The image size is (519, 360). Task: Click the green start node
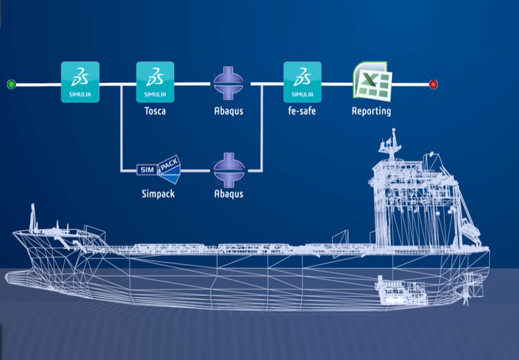[x=11, y=84]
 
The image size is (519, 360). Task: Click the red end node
[x=433, y=84]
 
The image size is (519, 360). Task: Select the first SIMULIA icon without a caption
[x=80, y=81]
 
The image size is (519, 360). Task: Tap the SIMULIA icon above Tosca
[x=155, y=81]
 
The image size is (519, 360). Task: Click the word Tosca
[x=155, y=111]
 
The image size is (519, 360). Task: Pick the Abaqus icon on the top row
[x=229, y=84]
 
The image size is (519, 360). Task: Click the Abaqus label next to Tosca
[x=229, y=111]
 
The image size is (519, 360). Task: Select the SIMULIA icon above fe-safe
[x=302, y=81]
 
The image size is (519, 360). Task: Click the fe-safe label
[x=302, y=111]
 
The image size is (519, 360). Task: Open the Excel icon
[x=372, y=81]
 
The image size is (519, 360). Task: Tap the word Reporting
[x=371, y=111]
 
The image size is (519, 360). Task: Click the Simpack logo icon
[x=159, y=169]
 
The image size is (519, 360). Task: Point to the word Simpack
[x=158, y=194]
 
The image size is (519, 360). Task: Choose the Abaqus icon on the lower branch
[x=229, y=168]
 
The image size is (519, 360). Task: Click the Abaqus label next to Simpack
[x=229, y=194]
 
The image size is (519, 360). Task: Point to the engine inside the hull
[x=400, y=291]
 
